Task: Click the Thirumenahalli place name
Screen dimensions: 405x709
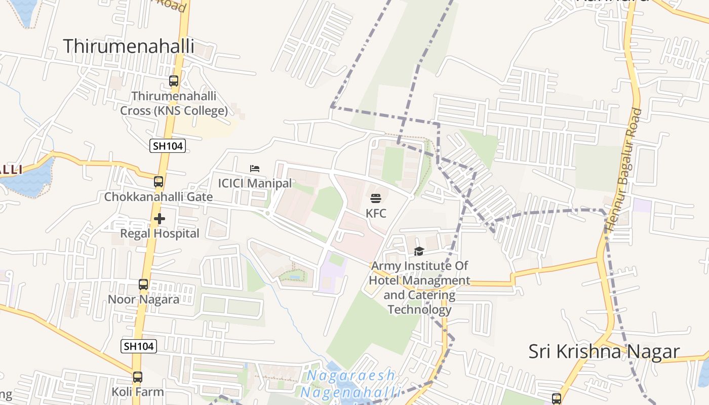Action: [x=129, y=46]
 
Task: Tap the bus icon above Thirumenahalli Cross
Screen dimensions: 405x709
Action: [x=174, y=80]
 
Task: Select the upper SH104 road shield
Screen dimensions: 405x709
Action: [x=168, y=146]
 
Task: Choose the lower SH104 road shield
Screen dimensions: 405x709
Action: [x=138, y=346]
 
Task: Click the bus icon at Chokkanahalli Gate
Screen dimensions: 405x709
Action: [x=159, y=181]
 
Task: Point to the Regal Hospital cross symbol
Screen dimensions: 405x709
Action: [x=160, y=219]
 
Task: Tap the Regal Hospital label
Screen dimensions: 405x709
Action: [x=160, y=233]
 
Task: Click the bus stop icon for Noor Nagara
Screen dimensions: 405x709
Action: [x=143, y=285]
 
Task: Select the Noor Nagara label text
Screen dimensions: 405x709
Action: [x=143, y=299]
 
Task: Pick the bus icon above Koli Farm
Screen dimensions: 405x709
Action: [x=138, y=377]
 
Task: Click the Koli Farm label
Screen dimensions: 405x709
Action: [x=138, y=391]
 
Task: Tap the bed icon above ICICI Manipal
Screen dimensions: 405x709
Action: [x=255, y=168]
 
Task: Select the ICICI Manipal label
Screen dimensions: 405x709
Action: [x=255, y=183]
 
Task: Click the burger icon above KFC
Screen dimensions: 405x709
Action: [x=375, y=198]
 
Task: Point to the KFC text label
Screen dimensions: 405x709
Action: [x=376, y=213]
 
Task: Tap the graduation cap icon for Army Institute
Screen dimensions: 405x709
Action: [x=419, y=251]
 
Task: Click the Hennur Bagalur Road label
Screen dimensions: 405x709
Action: [x=623, y=170]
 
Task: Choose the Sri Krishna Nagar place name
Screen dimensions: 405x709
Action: [x=604, y=351]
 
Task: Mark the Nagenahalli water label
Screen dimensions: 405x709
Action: [x=350, y=392]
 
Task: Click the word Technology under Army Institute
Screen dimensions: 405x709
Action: [x=419, y=309]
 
